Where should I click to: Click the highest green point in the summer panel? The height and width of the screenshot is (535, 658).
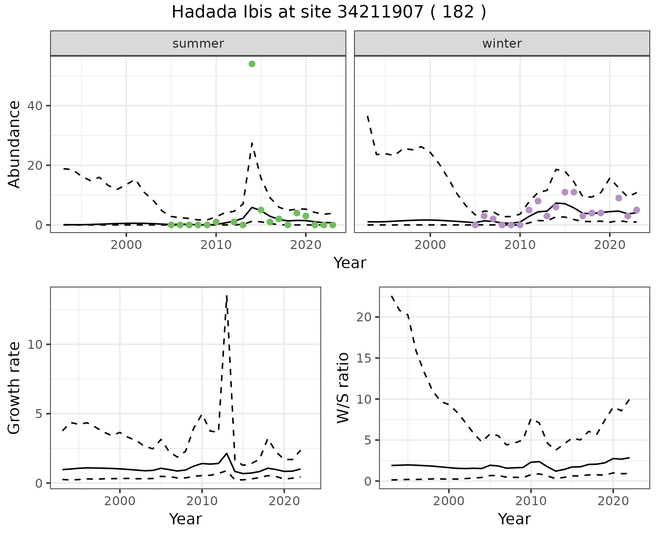pyautogui.click(x=252, y=64)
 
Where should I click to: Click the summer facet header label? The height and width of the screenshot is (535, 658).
pyautogui.click(x=198, y=44)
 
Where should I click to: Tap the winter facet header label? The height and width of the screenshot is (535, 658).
pyautogui.click(x=502, y=44)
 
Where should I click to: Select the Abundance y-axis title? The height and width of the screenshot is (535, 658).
pyautogui.click(x=14, y=144)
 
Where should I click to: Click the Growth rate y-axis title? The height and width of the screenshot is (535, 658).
pyautogui.click(x=14, y=388)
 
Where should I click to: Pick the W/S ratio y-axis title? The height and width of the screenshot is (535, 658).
pyautogui.click(x=343, y=388)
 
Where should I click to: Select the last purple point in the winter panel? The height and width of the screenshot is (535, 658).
pyautogui.click(x=637, y=210)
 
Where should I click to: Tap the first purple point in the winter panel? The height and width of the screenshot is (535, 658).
pyautogui.click(x=475, y=225)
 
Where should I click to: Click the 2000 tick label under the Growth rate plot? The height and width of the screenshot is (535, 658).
pyautogui.click(x=120, y=501)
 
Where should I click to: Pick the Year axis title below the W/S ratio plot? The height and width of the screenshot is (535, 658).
pyautogui.click(x=514, y=519)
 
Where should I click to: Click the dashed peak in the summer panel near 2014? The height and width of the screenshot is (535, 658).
pyautogui.click(x=252, y=143)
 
